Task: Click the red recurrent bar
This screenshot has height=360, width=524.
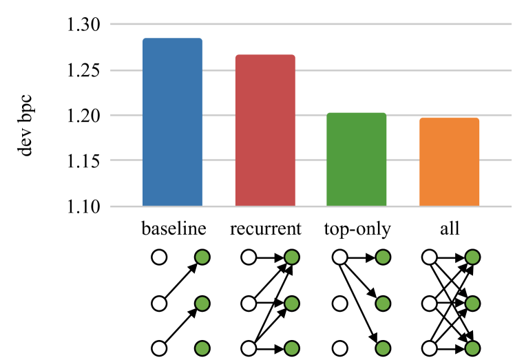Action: click(265, 130)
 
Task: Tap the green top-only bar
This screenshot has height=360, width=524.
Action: click(356, 160)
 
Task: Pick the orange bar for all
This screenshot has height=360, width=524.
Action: click(449, 162)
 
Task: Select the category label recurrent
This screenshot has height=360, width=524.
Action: click(265, 229)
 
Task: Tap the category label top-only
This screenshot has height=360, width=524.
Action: click(356, 229)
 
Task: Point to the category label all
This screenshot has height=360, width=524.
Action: click(449, 228)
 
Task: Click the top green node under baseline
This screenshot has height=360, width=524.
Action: click(202, 258)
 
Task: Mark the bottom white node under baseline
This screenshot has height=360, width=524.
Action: click(159, 348)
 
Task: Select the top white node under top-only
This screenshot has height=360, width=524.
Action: click(339, 258)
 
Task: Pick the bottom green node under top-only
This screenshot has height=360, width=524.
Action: click(384, 348)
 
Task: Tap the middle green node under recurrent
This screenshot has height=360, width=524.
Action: click(291, 303)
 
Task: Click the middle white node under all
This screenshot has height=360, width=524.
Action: click(428, 303)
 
